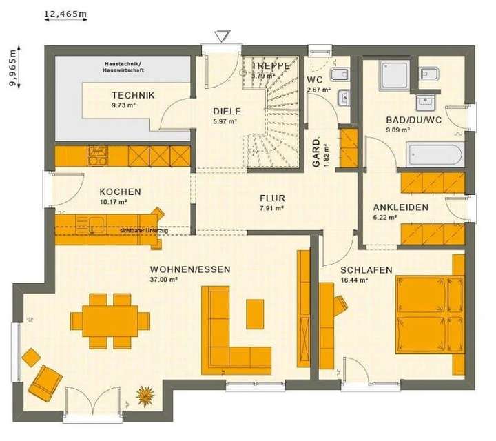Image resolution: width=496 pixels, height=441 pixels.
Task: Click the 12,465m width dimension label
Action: pos(66,13)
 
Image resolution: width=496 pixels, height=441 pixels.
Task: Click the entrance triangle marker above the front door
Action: pos(221,35)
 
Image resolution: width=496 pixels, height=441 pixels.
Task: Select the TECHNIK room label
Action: pos(133,96)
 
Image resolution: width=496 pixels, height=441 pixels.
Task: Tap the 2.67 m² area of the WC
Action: pos(318,90)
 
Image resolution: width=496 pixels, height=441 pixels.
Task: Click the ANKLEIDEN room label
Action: pos(400,207)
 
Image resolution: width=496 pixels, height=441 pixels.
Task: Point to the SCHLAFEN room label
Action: pos(366,270)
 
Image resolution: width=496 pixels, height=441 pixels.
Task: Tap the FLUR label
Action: pos(272,198)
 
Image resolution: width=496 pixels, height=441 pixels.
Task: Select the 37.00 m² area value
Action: pos(164,280)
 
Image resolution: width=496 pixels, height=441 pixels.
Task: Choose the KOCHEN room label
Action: pos(120,192)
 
